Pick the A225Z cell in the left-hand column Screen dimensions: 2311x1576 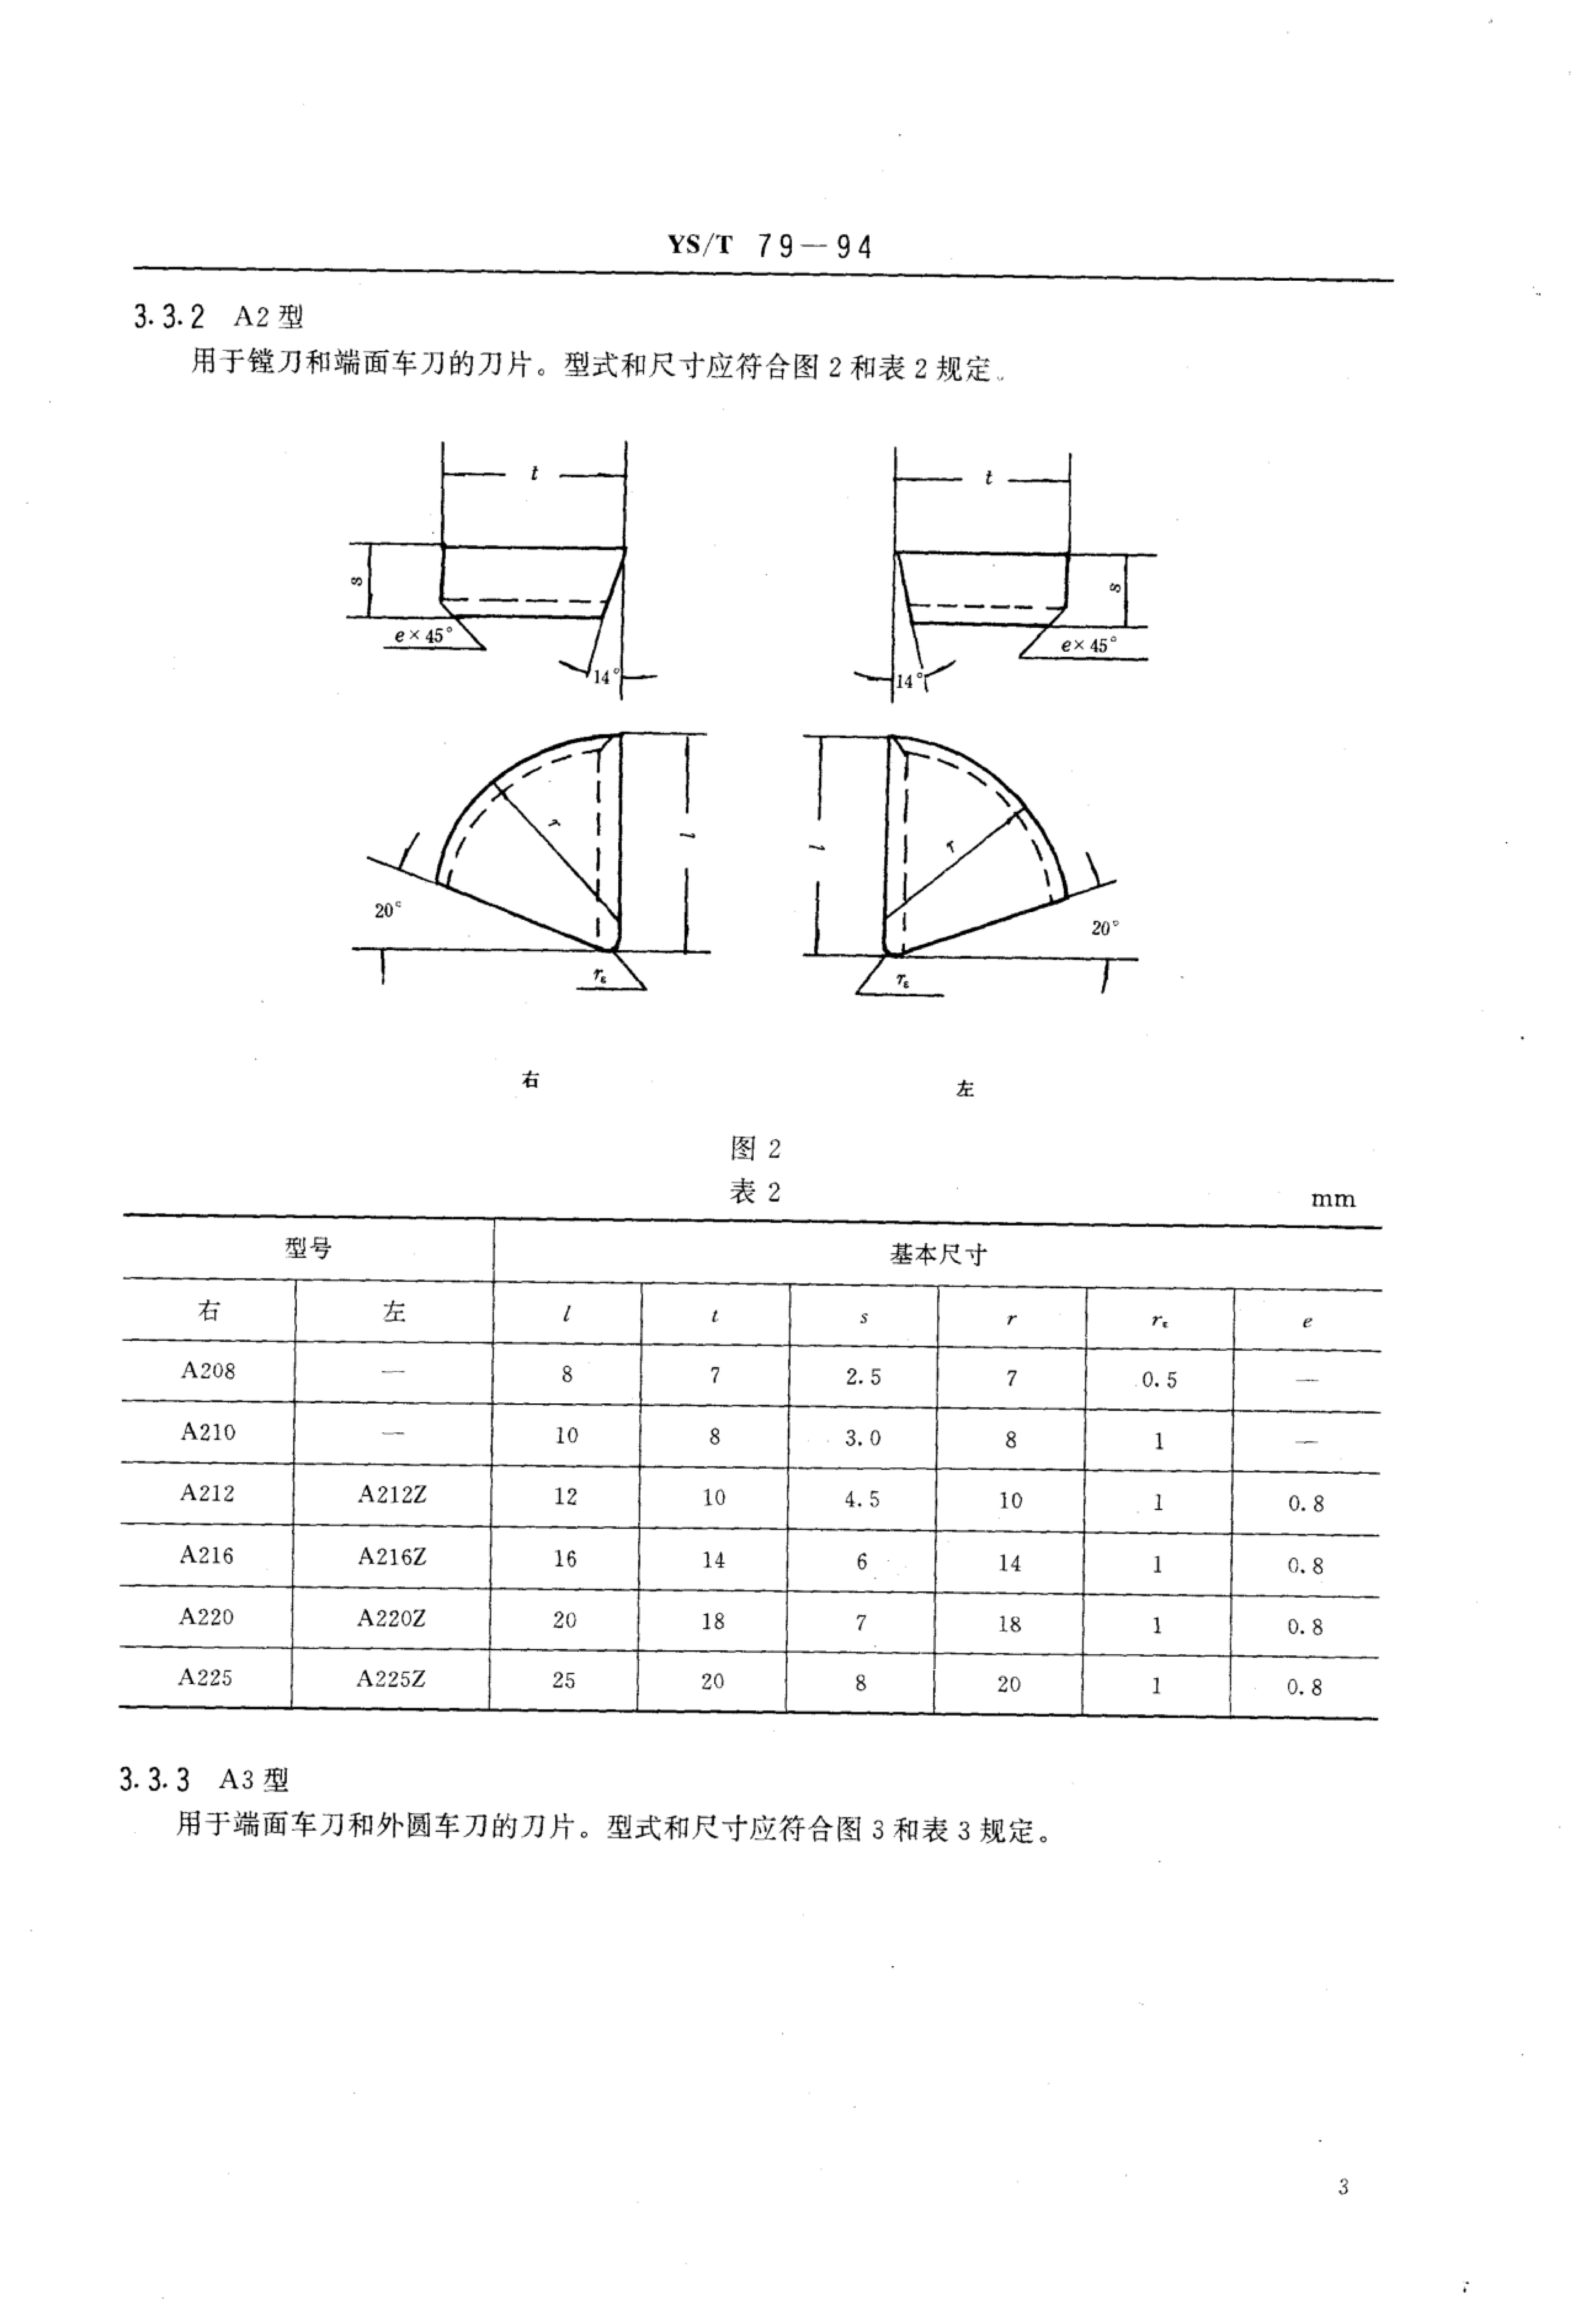point(391,1678)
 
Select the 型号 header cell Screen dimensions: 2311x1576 point(308,1248)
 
